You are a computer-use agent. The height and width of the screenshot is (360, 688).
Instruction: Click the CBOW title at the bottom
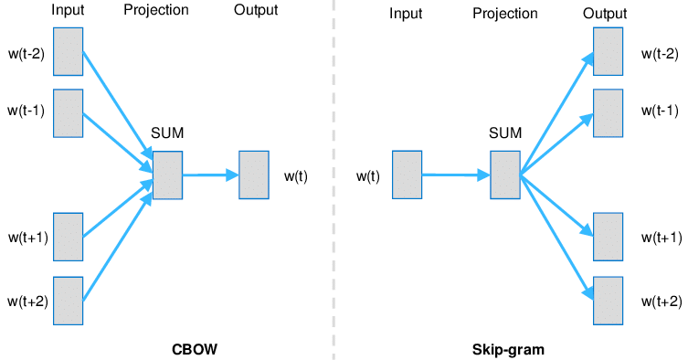[195, 349]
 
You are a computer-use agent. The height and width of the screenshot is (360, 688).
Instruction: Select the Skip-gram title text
[508, 350]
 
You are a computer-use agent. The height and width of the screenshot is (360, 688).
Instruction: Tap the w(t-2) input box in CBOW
[68, 52]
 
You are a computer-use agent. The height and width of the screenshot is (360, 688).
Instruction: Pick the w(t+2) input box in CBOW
[68, 301]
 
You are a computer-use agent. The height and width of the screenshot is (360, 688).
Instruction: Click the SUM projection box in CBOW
[167, 175]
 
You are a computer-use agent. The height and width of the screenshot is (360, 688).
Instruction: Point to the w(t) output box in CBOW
[254, 175]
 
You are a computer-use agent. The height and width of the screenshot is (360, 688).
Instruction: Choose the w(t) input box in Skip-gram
[408, 175]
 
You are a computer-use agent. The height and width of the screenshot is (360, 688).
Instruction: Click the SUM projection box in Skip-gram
[505, 175]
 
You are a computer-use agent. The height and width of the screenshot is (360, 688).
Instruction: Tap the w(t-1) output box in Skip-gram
[609, 113]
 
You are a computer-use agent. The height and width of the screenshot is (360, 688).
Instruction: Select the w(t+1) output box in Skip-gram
[609, 237]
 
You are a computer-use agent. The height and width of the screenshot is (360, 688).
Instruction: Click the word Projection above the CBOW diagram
[156, 11]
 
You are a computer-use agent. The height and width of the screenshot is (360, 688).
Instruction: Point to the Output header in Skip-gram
[605, 14]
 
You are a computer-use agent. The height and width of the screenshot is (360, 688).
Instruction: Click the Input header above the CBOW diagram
[68, 11]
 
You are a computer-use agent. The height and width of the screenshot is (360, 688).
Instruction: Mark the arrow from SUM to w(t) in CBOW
[211, 175]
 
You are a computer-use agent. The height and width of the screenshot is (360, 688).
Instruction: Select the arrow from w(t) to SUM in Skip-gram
[456, 175]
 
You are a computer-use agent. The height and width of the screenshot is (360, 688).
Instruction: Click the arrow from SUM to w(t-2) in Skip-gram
[556, 113]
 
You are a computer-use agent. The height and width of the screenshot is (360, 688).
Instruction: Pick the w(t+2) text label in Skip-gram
[662, 302]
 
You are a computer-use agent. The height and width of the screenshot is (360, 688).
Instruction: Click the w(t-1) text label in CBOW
[26, 111]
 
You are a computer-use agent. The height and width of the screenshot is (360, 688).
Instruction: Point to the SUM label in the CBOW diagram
[167, 132]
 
